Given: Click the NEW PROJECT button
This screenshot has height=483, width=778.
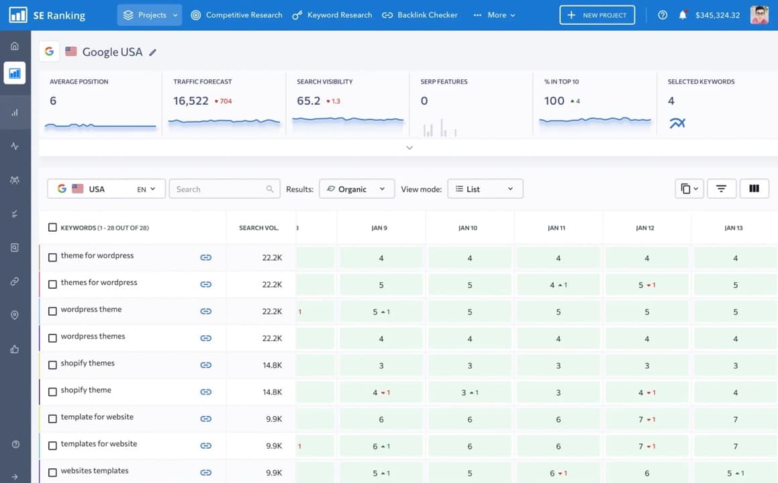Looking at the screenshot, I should tap(597, 15).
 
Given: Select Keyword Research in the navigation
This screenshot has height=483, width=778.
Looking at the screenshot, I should tap(332, 15).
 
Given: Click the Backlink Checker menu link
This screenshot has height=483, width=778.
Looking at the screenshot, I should tap(420, 15).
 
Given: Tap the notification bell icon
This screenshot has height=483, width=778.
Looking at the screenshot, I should tap(683, 15).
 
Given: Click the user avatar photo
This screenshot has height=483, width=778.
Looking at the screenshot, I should tap(759, 15).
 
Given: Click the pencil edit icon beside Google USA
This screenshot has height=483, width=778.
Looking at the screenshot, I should tap(153, 52).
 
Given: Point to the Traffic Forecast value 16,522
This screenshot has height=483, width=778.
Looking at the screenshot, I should tap(191, 101).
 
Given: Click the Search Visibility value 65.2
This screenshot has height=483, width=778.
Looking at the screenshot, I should tap(308, 101).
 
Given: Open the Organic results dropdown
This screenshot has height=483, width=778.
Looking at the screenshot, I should tap(356, 189).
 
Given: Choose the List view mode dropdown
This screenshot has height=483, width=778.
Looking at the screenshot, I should tap(485, 189).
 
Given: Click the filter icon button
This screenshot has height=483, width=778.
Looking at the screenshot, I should tap(721, 189).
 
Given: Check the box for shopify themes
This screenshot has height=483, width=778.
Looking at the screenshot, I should tap(52, 365).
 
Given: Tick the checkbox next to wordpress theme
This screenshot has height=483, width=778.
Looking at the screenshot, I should tap(52, 311).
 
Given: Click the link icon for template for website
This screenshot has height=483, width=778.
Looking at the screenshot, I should tap(206, 419).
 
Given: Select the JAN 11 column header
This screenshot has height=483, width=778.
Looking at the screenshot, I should tap(556, 228).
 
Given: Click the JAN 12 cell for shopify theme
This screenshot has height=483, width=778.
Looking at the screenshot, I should tap(646, 392).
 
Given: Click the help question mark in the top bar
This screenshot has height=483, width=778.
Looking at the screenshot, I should tap(663, 15).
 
